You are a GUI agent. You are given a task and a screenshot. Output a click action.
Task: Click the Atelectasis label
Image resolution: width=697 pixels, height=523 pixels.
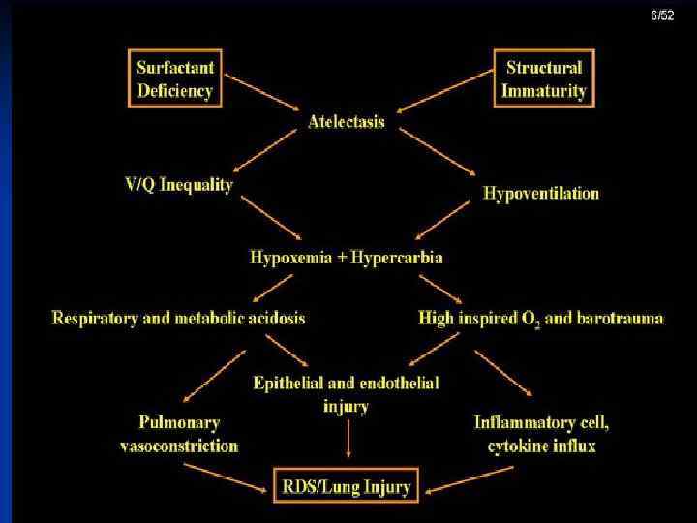point(346,122)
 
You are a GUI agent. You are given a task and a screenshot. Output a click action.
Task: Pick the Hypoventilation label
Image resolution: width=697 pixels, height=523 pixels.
point(541,193)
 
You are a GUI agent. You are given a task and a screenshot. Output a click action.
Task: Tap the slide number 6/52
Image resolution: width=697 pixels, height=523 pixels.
point(662,16)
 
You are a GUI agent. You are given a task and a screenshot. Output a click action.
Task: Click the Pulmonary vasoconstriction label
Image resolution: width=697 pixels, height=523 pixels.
point(178,435)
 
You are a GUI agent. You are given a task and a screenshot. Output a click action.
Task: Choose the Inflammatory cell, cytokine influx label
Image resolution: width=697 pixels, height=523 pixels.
point(541,435)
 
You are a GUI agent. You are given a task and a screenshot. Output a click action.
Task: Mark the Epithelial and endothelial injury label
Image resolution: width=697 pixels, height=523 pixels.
point(346,393)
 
